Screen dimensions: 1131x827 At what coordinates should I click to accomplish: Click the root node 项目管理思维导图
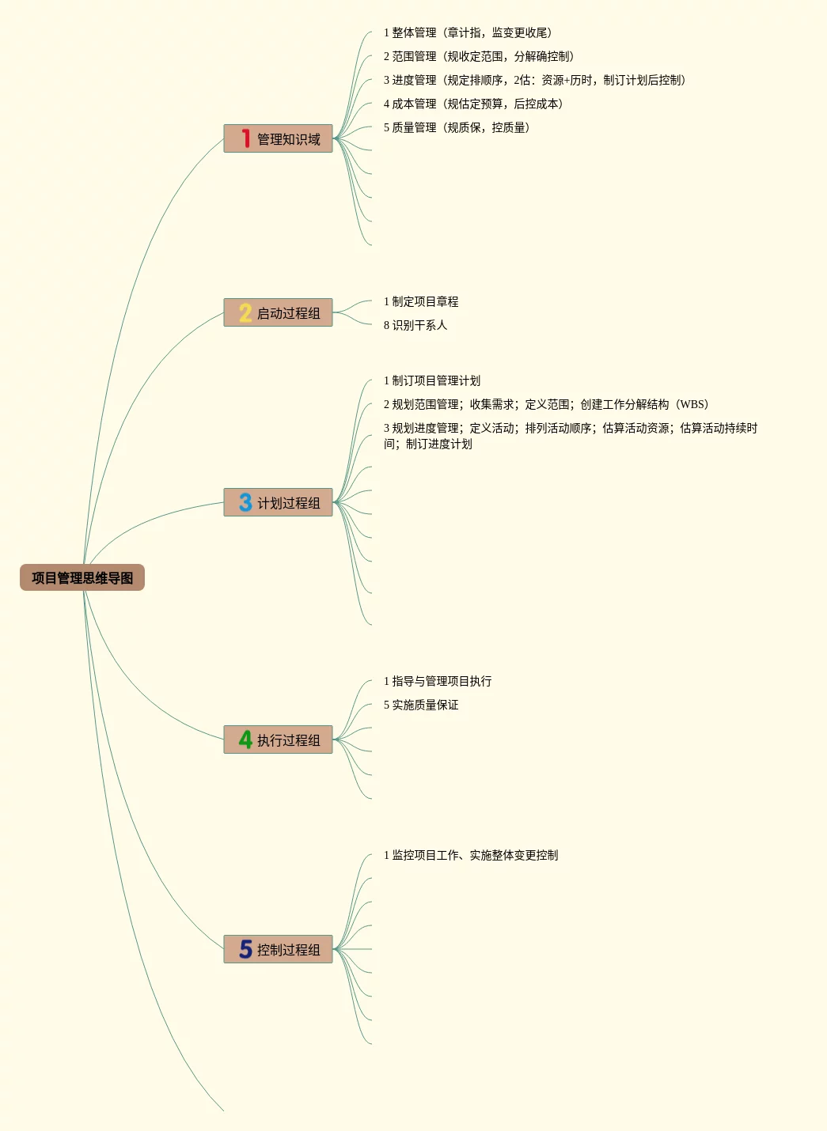(82, 577)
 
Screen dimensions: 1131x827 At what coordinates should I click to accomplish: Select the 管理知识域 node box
(279, 138)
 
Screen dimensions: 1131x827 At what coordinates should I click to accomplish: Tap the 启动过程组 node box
(279, 312)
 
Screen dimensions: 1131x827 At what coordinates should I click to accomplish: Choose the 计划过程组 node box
(279, 502)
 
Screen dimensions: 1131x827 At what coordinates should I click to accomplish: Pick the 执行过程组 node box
(279, 739)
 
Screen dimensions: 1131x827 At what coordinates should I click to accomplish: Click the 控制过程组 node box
(279, 949)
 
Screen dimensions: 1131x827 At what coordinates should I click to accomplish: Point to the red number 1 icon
(245, 138)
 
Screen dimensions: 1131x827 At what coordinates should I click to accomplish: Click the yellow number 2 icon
(245, 312)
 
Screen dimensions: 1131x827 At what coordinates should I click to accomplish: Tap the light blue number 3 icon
(245, 502)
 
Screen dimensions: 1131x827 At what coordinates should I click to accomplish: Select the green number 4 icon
(245, 739)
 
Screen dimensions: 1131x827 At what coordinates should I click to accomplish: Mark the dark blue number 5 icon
(245, 949)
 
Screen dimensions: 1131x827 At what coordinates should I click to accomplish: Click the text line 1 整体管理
(468, 32)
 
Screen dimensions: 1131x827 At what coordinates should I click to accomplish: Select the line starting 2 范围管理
(479, 56)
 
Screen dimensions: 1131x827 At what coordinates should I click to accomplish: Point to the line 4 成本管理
(473, 104)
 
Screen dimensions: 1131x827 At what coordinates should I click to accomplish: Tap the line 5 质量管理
(457, 127)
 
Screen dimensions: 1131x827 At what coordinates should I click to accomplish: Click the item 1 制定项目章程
(421, 301)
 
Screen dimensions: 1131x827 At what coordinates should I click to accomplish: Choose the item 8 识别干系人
(415, 325)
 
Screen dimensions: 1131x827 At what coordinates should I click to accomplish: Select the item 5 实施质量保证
(421, 705)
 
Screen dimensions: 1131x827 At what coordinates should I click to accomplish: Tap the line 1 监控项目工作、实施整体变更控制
(471, 855)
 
